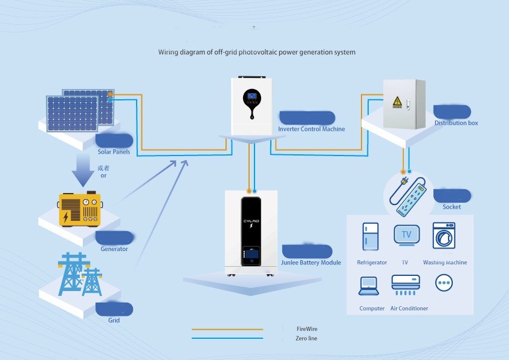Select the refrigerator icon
point(371,237)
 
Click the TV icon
point(406,235)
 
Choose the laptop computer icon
point(368,286)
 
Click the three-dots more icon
point(444,283)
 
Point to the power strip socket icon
point(410,193)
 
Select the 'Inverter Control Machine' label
point(311,129)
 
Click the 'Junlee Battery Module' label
point(311,263)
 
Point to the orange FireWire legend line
point(227,329)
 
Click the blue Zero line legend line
point(227,338)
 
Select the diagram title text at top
point(257,52)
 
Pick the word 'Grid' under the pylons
point(114,320)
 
